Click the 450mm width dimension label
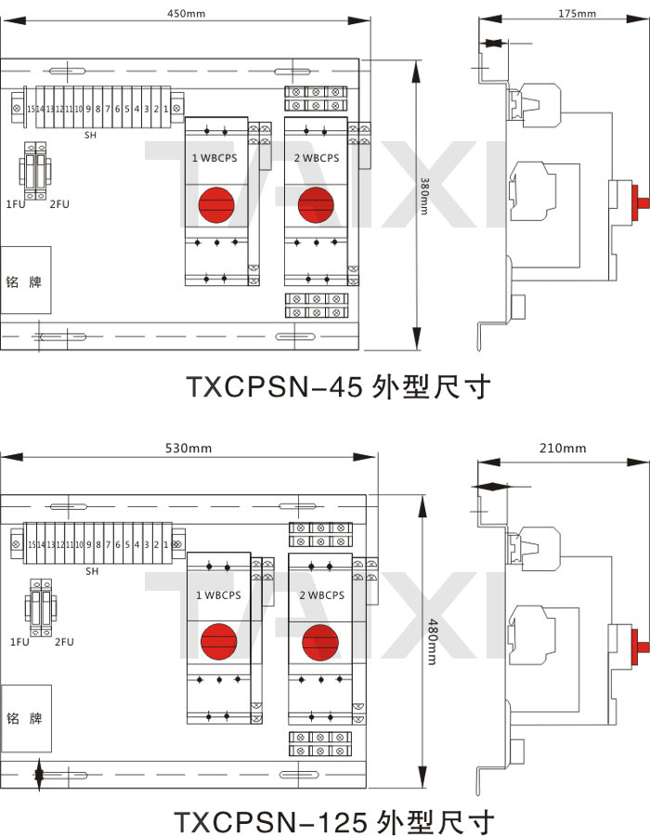point(186,14)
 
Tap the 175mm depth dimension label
point(578,14)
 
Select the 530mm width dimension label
point(188,448)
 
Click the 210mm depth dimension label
point(564,448)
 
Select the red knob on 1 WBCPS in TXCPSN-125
point(219,641)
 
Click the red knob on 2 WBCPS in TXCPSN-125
point(319,641)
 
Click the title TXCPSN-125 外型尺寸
point(334,821)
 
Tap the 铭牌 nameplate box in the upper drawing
point(24,280)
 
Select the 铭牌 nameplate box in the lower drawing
point(25,718)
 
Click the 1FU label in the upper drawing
point(15,203)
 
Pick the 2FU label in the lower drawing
point(64,642)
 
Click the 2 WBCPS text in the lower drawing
point(319,595)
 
